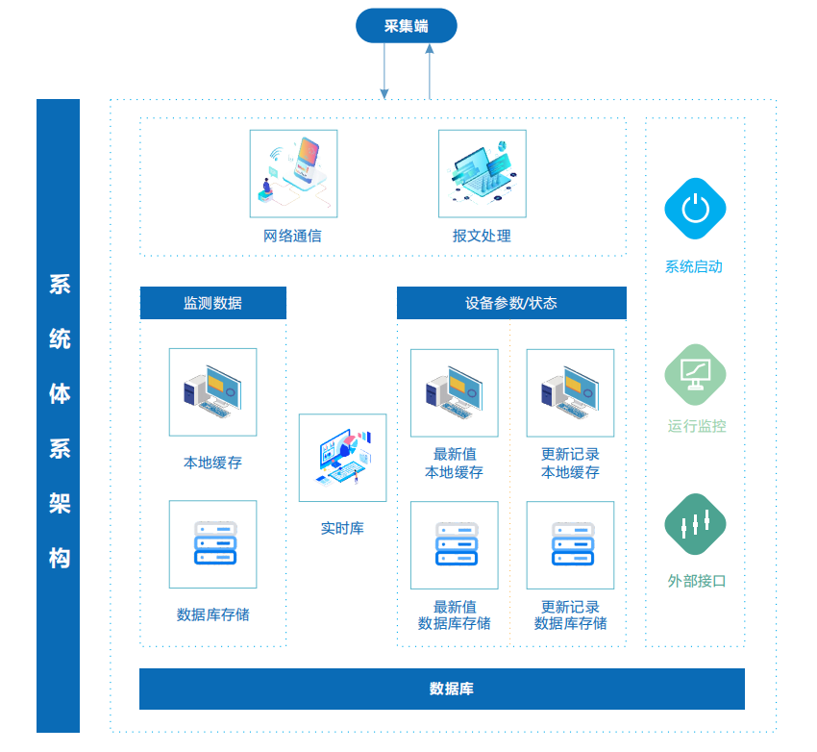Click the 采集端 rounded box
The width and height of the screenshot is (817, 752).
click(x=406, y=26)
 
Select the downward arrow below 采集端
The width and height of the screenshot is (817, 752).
click(x=384, y=71)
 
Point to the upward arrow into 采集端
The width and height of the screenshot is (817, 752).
click(x=430, y=71)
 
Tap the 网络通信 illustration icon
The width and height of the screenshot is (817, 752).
click(x=293, y=173)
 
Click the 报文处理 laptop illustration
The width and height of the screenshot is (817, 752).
click(x=482, y=173)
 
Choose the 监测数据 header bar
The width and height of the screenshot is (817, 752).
click(x=213, y=303)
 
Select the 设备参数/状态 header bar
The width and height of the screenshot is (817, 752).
click(x=511, y=303)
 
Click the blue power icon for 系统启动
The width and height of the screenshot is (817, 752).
click(x=695, y=209)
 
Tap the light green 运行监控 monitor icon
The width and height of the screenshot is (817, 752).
click(x=695, y=374)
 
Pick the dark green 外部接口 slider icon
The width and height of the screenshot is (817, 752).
click(x=695, y=524)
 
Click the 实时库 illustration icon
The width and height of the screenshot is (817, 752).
click(x=342, y=458)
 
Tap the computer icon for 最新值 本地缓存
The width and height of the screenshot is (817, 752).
click(x=455, y=393)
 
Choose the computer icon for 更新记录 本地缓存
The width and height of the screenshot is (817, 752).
click(x=570, y=393)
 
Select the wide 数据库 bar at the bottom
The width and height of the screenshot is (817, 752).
click(x=442, y=689)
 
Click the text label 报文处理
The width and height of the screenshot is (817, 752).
click(x=482, y=236)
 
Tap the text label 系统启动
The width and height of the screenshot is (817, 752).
click(x=694, y=266)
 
